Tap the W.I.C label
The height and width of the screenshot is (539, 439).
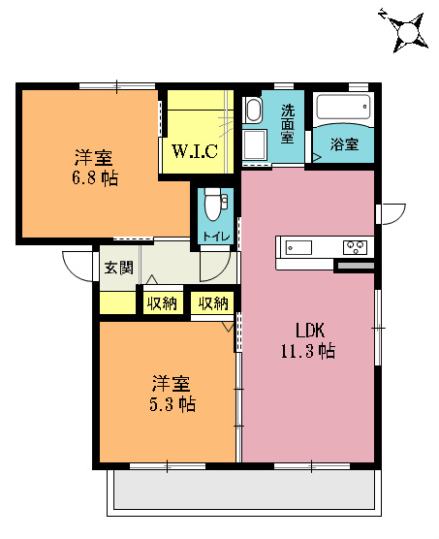coord(195,150)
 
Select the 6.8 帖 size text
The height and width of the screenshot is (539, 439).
coord(95,178)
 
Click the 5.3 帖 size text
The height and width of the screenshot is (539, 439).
coord(172,404)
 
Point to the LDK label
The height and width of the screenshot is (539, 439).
coord(310,331)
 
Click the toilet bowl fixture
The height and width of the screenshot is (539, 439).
coord(213,204)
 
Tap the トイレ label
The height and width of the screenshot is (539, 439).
coord(216,237)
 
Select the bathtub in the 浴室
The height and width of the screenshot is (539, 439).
coord(343,107)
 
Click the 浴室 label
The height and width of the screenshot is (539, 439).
coord(344,144)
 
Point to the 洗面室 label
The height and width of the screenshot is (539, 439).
coord(288,124)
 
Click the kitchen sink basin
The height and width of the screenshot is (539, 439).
coord(298,247)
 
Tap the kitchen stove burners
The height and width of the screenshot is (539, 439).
coord(356,247)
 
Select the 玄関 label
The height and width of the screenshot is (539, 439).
coord(119,268)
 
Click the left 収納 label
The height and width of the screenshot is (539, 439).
coord(162,303)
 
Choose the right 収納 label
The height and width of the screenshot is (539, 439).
coord(213,303)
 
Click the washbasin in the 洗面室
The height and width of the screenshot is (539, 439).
coord(254,110)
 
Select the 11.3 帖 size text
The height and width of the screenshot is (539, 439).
coord(308,351)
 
